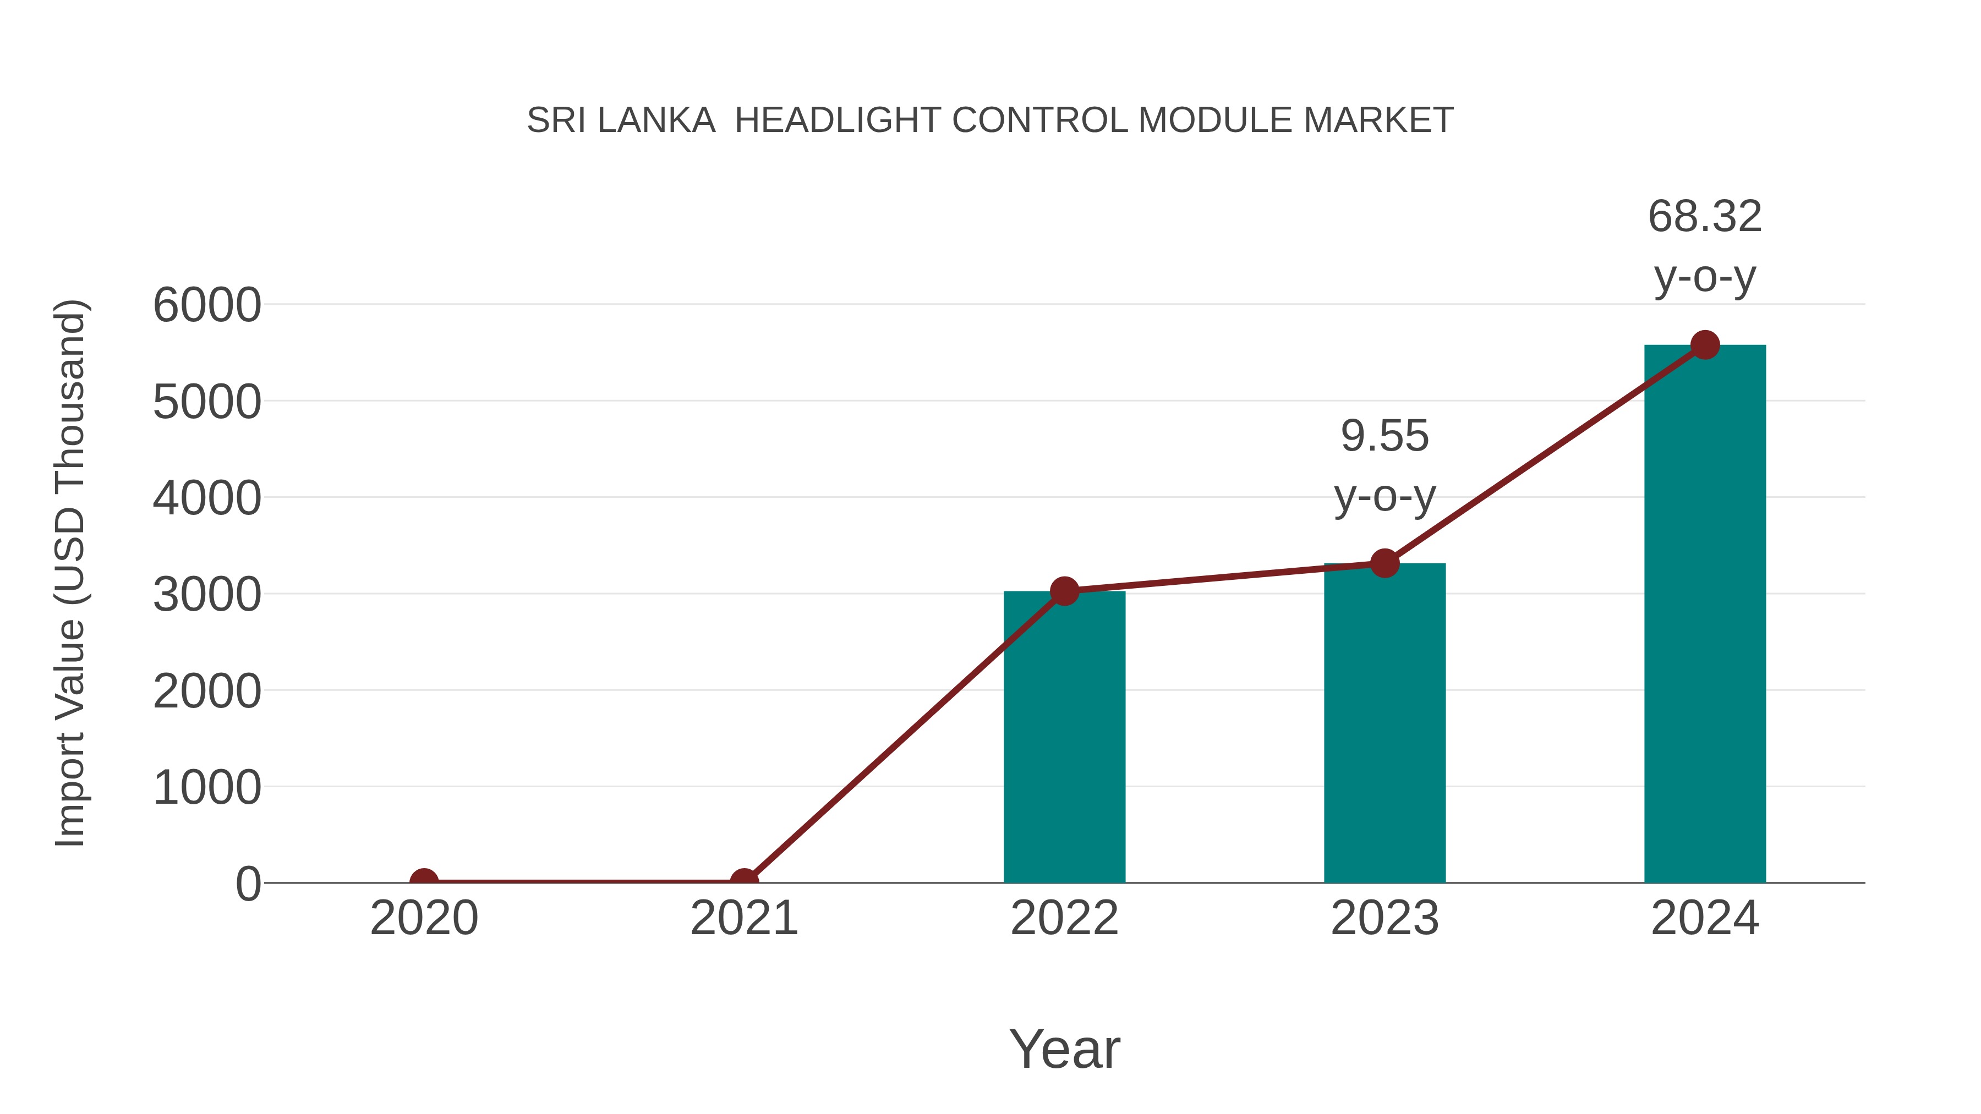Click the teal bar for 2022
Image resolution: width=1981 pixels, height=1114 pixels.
(x=1064, y=738)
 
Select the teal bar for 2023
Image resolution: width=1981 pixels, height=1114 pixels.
(x=1384, y=723)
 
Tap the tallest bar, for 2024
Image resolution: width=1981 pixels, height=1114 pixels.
(x=1705, y=615)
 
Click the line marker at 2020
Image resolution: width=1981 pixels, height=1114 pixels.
(x=424, y=881)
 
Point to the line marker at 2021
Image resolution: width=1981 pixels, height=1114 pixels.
(x=743, y=881)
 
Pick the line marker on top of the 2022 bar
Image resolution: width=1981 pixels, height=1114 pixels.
(x=1064, y=591)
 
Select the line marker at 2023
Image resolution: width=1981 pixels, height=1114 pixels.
(x=1384, y=563)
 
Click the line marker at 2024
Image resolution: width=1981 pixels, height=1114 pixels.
(x=1705, y=345)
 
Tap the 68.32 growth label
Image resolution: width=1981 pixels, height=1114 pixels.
(x=1705, y=217)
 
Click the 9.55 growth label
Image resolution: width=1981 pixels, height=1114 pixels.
(x=1384, y=437)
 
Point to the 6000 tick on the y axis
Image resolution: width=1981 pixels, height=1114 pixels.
(x=207, y=305)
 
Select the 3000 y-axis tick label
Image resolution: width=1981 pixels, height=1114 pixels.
(x=207, y=595)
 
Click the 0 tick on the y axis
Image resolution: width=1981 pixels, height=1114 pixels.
(x=248, y=884)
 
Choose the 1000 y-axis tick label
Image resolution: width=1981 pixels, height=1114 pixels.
(x=207, y=788)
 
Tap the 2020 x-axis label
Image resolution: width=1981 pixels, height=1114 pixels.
(x=424, y=918)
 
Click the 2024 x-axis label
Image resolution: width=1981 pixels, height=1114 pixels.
(x=1705, y=918)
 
